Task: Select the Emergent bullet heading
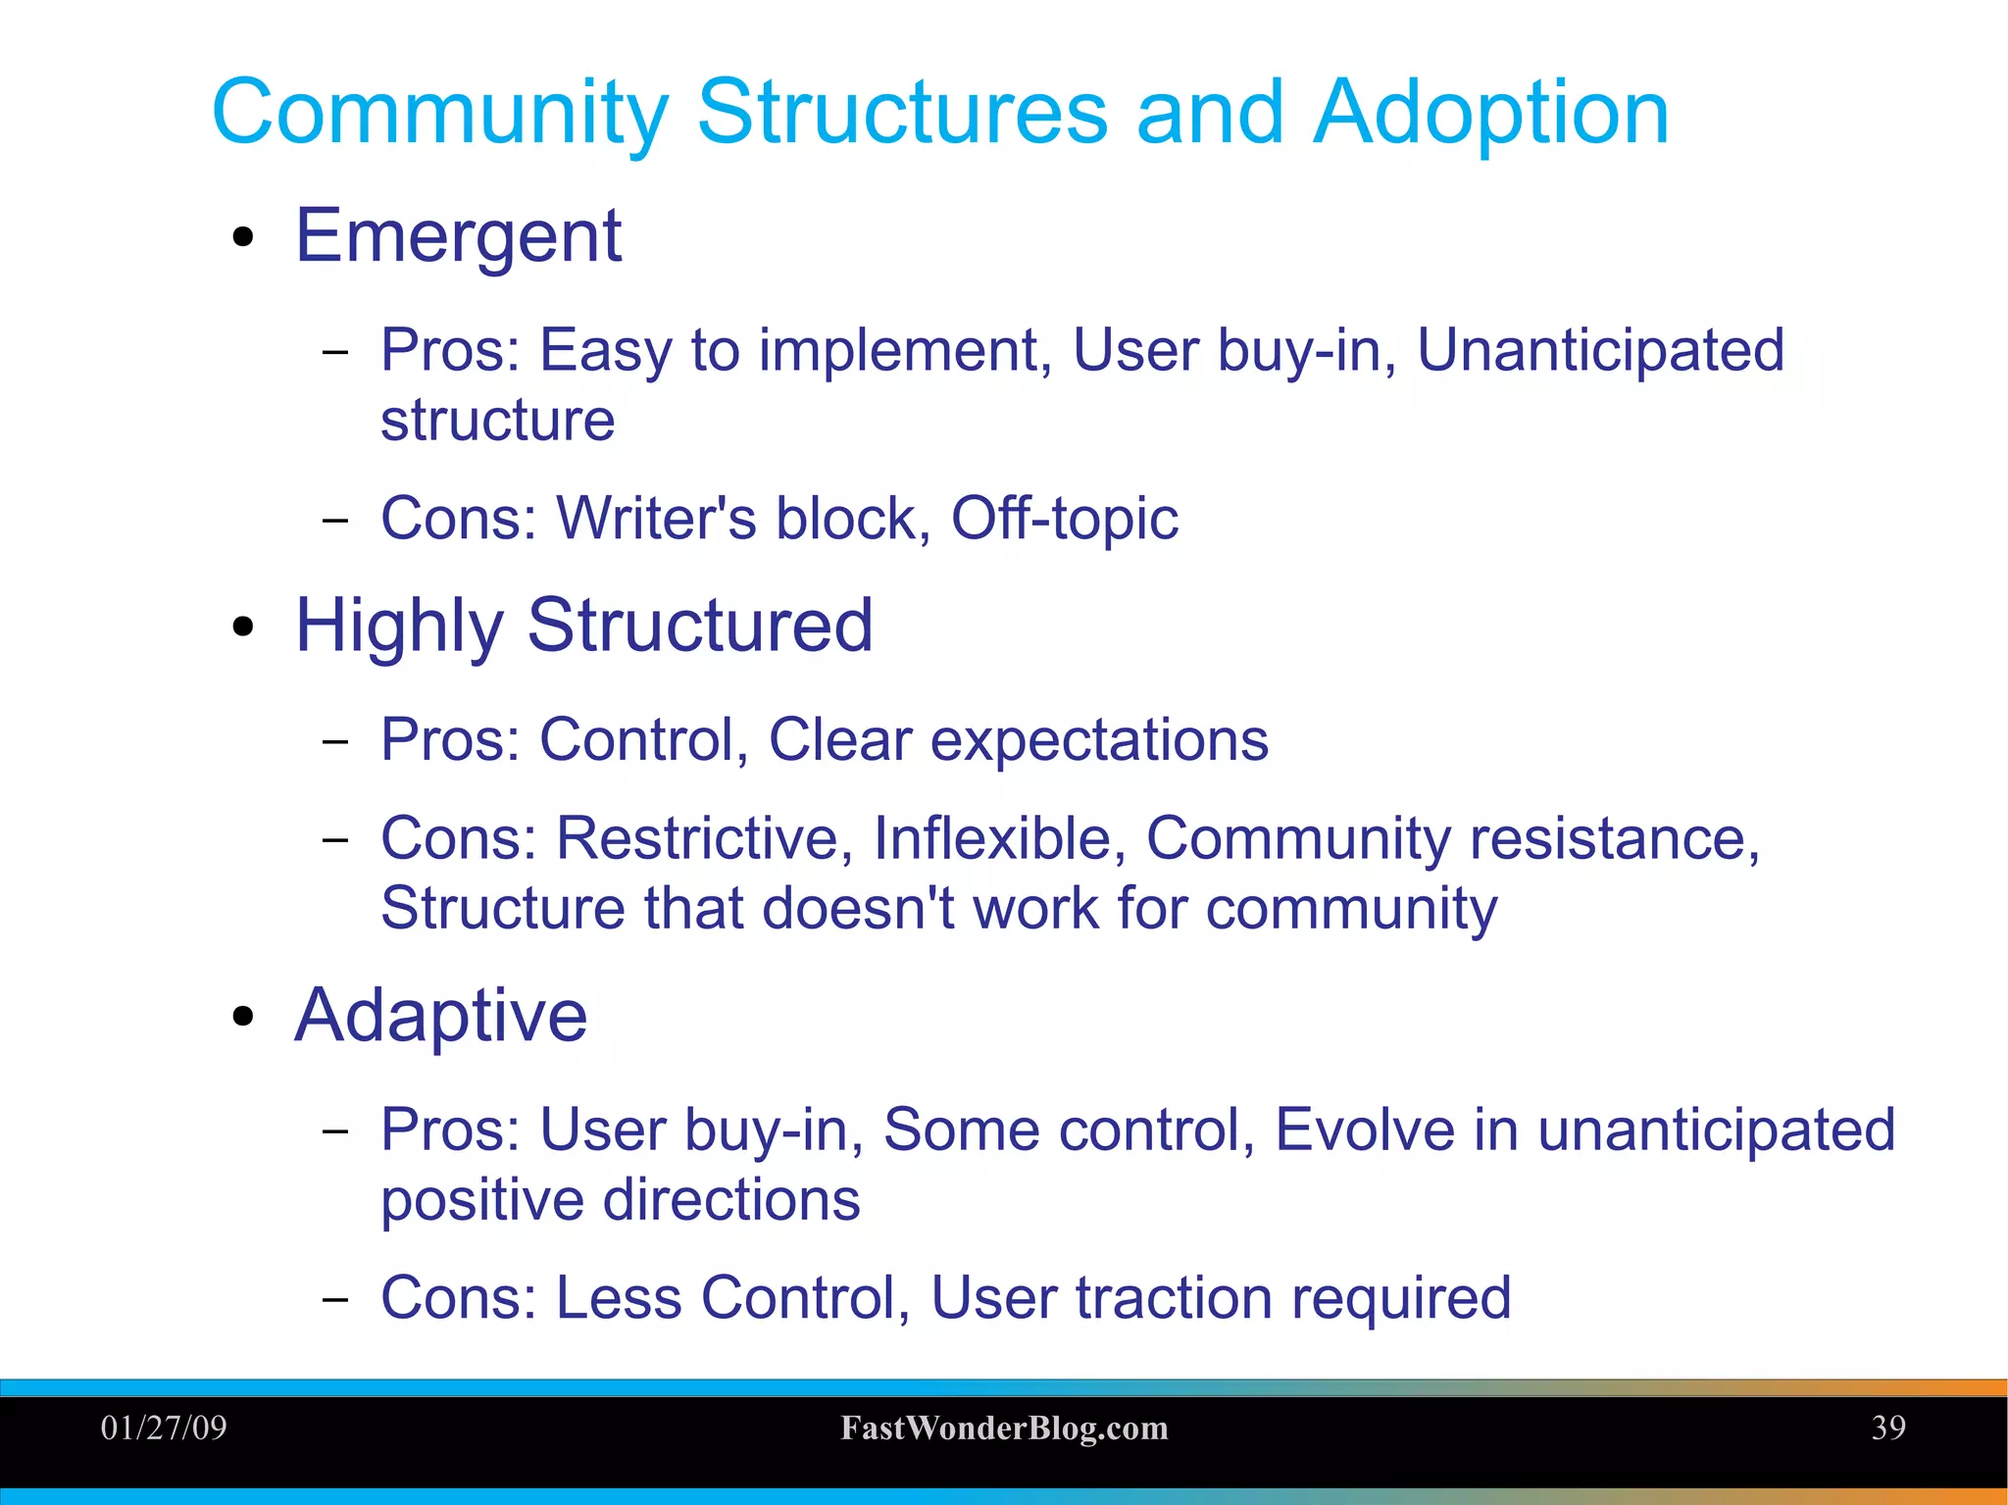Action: click(x=458, y=236)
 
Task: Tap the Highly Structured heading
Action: click(x=583, y=626)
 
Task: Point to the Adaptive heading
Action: click(x=441, y=1016)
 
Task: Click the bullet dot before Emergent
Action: click(x=243, y=238)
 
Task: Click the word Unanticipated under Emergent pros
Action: click(x=1600, y=350)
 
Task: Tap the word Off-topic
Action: click(x=1064, y=518)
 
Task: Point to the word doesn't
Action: click(x=858, y=908)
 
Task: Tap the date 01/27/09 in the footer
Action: click(x=164, y=1428)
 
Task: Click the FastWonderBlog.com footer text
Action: click(x=1004, y=1429)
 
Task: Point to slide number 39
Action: click(x=1887, y=1428)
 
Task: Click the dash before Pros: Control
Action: click(x=335, y=742)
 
